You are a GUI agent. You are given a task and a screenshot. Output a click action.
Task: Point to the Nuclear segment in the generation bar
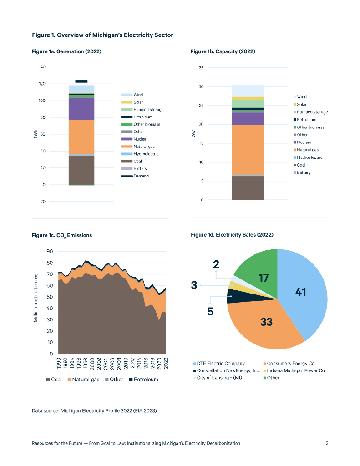coord(81,109)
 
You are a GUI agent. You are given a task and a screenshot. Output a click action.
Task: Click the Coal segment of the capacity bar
coord(248,187)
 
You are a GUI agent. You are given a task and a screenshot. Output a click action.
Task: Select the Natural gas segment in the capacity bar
coord(248,150)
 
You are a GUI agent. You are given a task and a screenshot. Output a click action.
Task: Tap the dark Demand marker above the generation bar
coord(81,81)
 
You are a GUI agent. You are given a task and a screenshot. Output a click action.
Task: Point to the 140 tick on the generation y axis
coord(42,67)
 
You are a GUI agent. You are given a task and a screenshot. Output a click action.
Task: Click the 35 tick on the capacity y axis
coord(201,68)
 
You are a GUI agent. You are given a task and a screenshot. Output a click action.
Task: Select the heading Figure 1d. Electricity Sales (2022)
coord(232,234)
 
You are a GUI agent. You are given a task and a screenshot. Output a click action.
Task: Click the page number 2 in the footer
coord(327,443)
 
